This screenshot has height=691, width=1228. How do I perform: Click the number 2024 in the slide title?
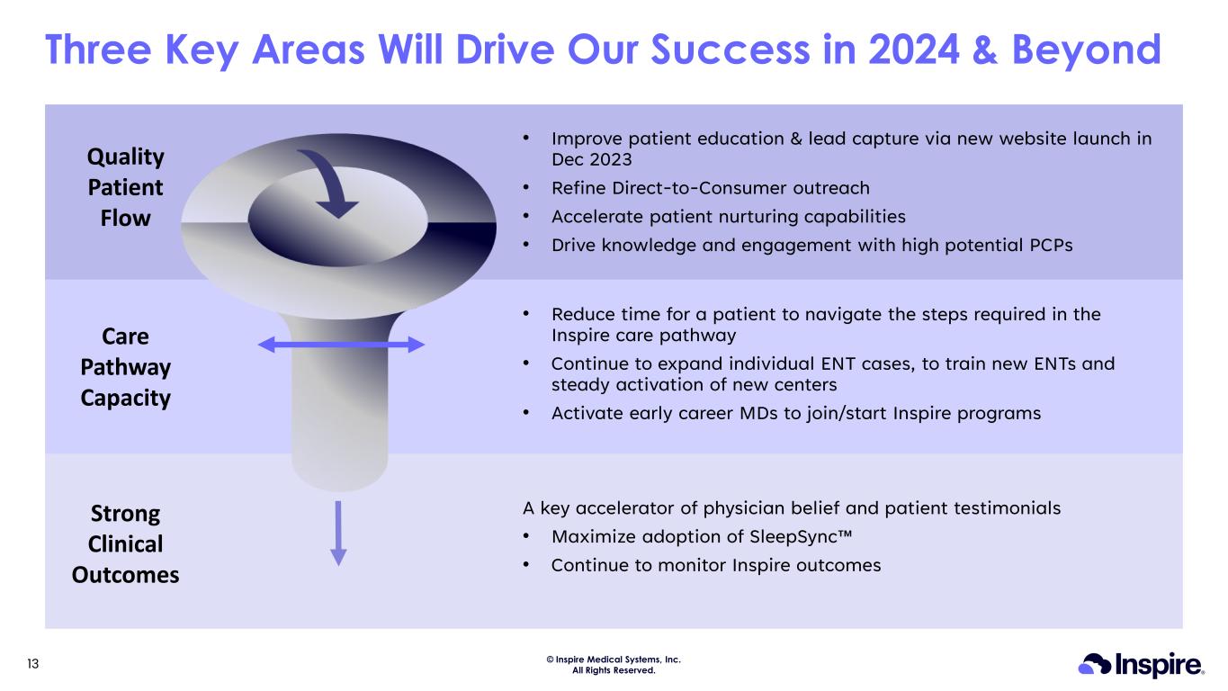914,49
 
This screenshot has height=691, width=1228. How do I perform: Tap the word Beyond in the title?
1086,51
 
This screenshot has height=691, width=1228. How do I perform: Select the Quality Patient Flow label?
126,187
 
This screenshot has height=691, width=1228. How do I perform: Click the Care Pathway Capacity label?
126,367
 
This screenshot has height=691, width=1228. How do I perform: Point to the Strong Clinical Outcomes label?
126,544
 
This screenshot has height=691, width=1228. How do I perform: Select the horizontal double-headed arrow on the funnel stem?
341,345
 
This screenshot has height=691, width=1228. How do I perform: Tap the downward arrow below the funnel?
338,533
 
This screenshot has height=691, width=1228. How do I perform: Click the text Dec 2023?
592,159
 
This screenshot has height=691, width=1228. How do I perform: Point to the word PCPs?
1051,245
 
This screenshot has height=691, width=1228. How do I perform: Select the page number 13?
33,664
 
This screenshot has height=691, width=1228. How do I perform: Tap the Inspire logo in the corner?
1141,665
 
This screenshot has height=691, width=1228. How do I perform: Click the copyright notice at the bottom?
614,665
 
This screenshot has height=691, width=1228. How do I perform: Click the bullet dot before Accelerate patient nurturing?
525,216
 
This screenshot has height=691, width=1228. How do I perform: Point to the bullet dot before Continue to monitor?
525,564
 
